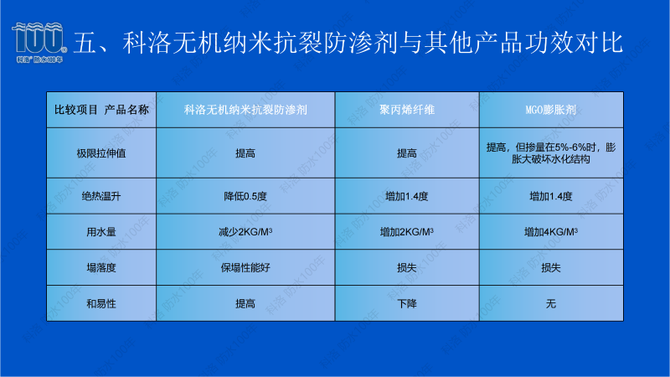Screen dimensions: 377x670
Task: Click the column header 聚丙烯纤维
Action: click(406, 110)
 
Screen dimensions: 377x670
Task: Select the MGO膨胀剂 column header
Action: click(550, 110)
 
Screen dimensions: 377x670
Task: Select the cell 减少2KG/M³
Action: click(245, 232)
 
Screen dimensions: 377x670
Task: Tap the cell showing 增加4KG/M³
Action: click(550, 232)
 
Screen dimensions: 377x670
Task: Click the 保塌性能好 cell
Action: click(245, 267)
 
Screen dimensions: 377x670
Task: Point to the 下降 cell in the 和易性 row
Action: click(406, 303)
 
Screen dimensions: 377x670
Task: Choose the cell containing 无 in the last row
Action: click(550, 303)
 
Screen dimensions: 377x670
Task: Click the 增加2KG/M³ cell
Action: click(406, 232)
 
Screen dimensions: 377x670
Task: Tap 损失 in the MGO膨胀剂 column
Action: click(550, 267)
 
